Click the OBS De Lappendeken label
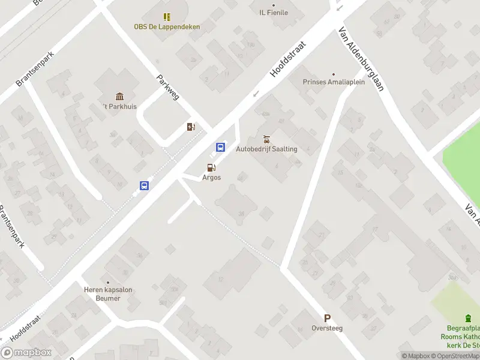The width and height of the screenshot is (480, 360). click(167, 26)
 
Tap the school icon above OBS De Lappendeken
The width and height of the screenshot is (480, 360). click(167, 17)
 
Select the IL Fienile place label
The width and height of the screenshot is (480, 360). click(274, 13)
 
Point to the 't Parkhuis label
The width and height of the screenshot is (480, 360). click(120, 107)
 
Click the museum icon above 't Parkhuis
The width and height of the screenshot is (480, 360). click(120, 97)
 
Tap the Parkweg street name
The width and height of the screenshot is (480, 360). click(167, 88)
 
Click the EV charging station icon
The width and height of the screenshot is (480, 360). click(191, 127)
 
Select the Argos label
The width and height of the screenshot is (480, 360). click(211, 178)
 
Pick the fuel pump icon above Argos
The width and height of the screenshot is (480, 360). click(211, 168)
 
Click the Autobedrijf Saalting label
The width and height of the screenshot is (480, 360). click(267, 149)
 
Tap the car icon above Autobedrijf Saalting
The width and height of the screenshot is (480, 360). click(267, 139)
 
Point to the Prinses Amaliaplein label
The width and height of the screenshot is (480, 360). click(334, 83)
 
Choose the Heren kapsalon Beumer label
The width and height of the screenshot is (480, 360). click(108, 294)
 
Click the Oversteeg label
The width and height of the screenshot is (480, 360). click(327, 328)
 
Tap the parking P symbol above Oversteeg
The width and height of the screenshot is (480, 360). click(327, 319)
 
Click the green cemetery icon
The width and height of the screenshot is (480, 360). click(468, 318)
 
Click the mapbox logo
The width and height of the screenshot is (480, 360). click(26, 353)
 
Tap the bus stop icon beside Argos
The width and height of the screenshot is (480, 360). click(221, 147)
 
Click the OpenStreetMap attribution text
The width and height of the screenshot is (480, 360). click(457, 356)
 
